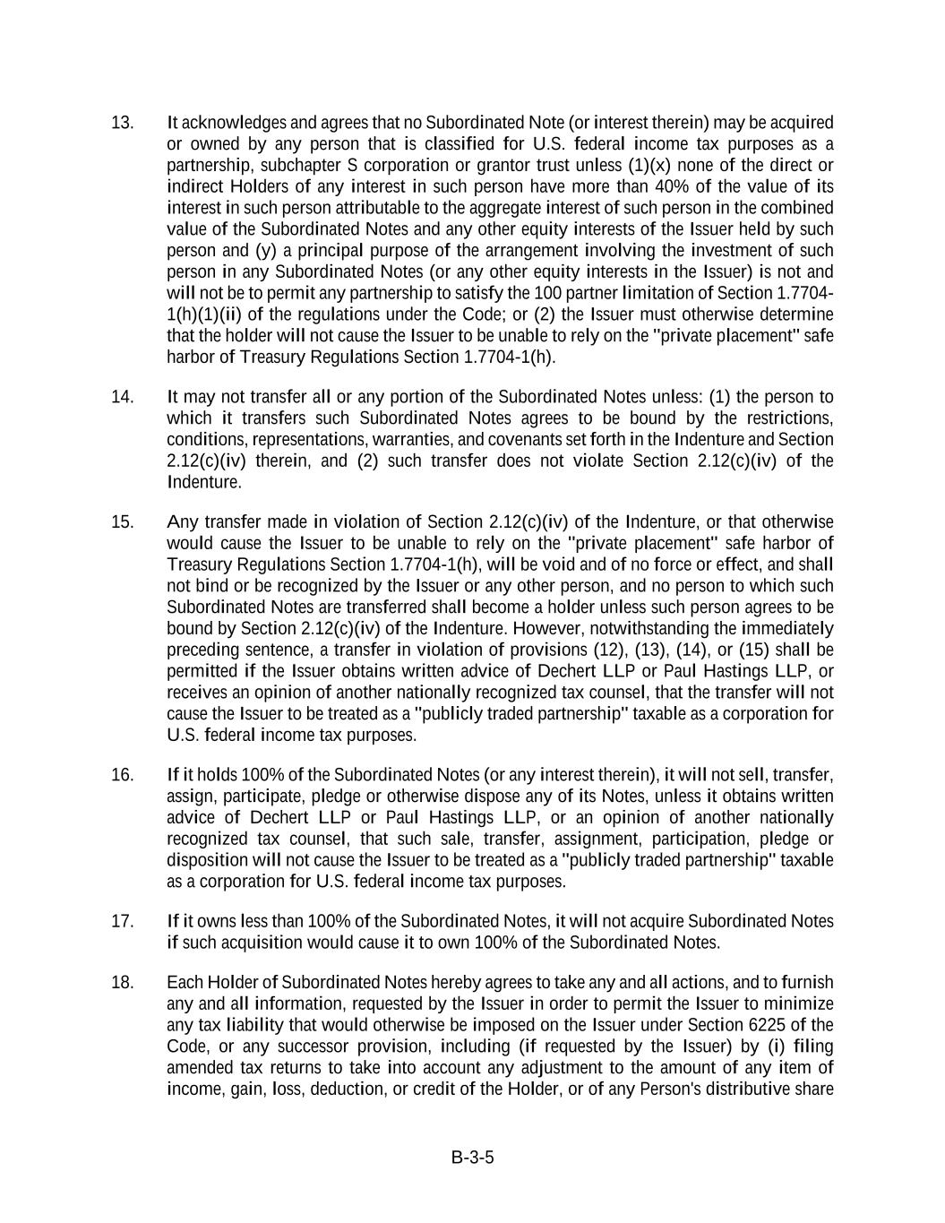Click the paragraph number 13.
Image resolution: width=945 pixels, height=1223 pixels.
122,123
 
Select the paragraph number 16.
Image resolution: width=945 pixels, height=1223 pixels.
122,775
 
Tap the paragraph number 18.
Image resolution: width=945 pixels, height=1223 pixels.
122,983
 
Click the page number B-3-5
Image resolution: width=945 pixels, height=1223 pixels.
473,1158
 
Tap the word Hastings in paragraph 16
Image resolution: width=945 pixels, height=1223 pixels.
461,818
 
